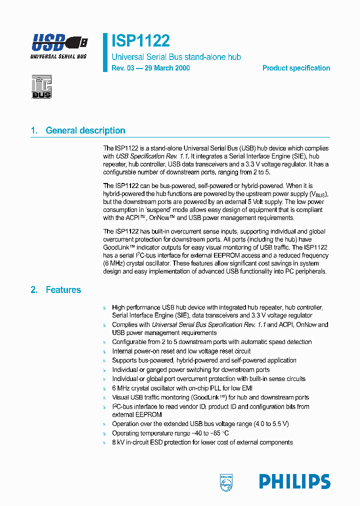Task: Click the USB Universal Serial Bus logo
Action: (58, 45)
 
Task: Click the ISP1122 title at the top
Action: (140, 40)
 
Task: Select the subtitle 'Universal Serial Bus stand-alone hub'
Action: (176, 57)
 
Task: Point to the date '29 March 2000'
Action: (166, 68)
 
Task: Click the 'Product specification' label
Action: (296, 68)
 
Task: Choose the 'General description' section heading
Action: (85, 130)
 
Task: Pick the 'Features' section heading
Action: (63, 289)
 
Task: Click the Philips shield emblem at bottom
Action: (226, 482)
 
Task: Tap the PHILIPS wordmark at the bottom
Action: (294, 482)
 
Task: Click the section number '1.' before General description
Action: (34, 130)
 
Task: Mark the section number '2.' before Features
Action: (34, 289)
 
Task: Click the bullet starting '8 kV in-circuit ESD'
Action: (202, 442)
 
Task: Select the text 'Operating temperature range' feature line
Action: (170, 433)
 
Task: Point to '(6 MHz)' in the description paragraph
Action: (115, 263)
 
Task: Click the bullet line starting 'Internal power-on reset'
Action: (181, 351)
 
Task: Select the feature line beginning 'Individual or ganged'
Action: (190, 369)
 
